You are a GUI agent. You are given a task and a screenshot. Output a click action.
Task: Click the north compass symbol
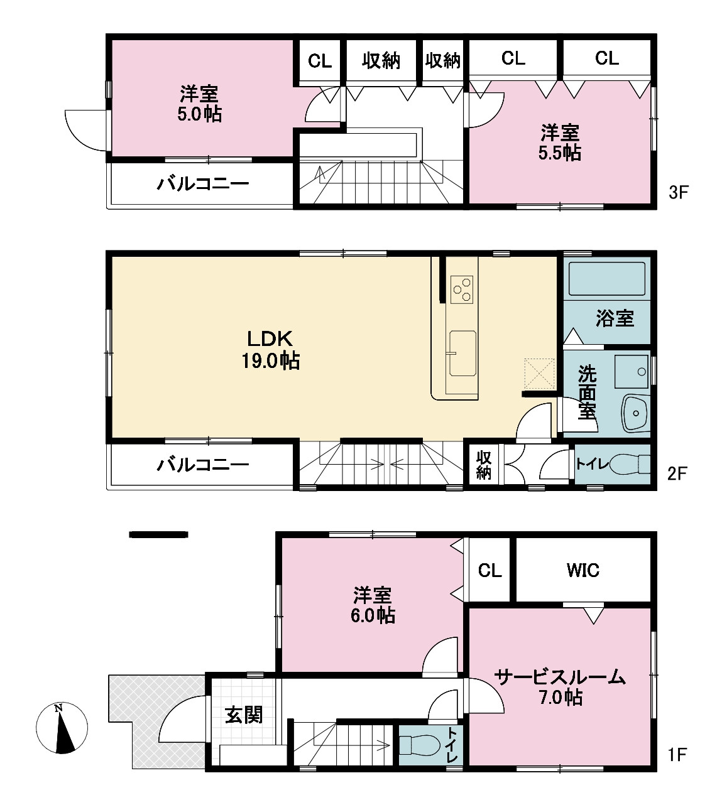point(62,728)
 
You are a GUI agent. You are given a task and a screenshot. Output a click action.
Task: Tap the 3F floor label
point(679,193)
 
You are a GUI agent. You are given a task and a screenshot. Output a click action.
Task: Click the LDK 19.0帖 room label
point(270,350)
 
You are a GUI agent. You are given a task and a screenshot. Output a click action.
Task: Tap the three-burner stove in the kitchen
point(462,289)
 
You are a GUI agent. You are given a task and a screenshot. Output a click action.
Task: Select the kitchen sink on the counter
point(462,353)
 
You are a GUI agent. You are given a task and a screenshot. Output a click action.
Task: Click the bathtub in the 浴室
point(607,279)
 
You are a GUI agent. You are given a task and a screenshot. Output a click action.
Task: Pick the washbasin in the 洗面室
point(635,414)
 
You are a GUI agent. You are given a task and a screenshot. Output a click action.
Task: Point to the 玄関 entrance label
point(244,715)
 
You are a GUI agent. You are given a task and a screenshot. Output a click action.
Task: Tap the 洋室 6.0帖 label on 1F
point(373,604)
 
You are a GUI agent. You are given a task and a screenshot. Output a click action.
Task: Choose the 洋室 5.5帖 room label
point(560,143)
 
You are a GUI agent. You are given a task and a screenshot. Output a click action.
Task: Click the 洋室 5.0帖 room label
point(199,104)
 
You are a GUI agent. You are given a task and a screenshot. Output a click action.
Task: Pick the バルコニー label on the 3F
point(202,184)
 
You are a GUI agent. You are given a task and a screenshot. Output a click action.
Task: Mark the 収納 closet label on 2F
point(483,465)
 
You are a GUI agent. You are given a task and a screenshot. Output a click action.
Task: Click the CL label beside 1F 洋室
point(490,571)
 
